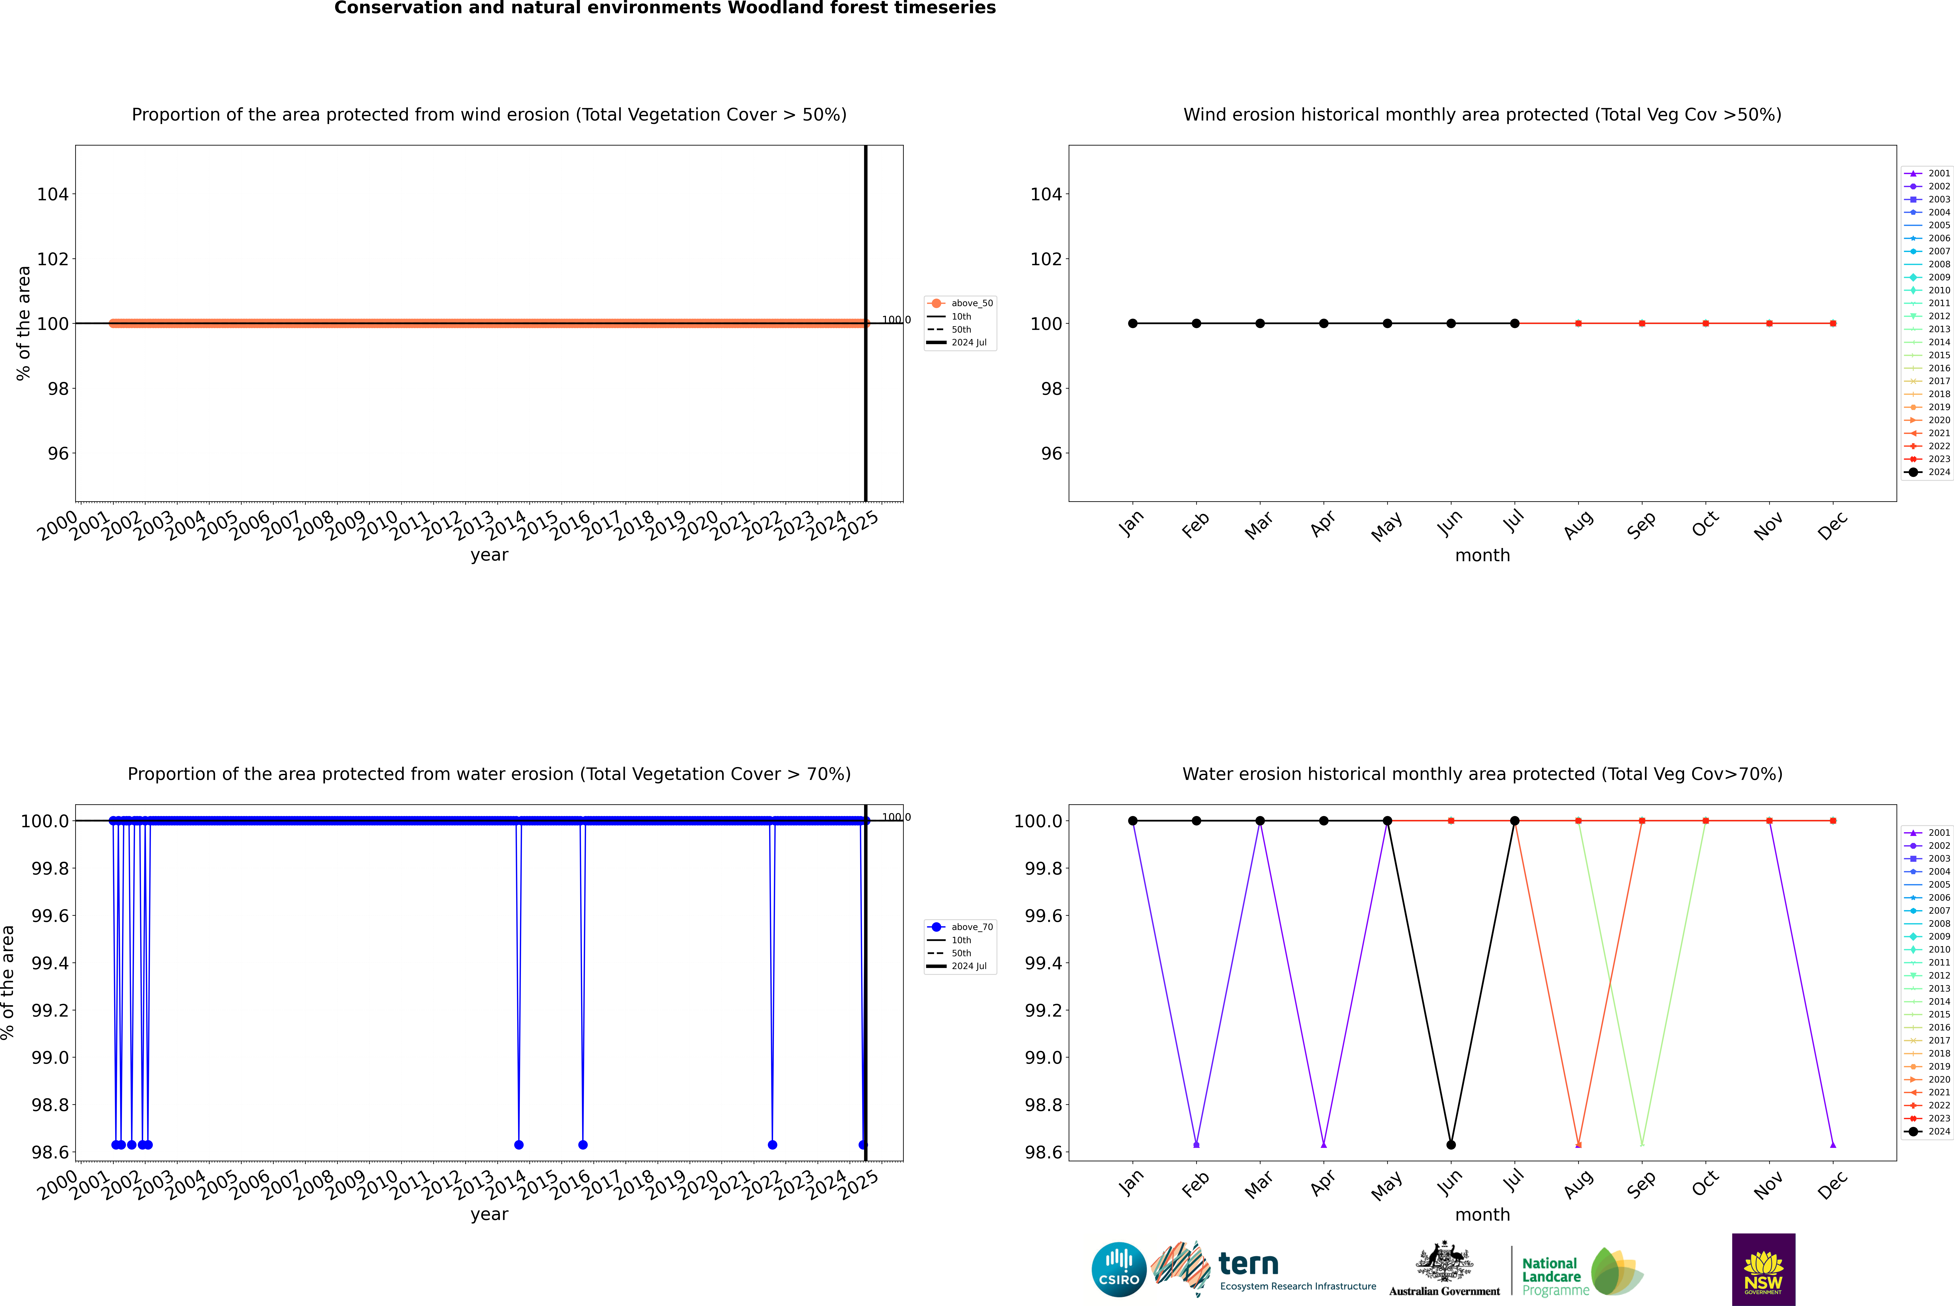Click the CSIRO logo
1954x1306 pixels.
[1119, 1269]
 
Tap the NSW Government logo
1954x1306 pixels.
[1763, 1269]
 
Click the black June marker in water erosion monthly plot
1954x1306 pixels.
[1451, 1144]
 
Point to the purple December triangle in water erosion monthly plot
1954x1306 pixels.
[1832, 1144]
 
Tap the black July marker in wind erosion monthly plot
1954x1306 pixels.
[1514, 323]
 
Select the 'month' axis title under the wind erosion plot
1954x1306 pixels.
[1482, 556]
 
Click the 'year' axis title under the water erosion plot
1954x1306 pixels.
[489, 1214]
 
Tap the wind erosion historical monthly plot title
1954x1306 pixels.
[1482, 115]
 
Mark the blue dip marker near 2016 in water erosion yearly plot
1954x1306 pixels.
[583, 1144]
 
